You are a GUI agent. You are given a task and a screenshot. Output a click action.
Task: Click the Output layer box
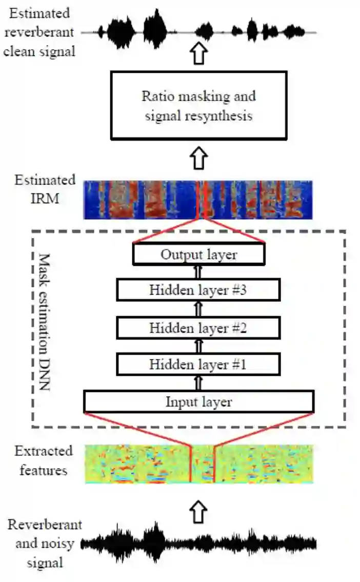pos(198,255)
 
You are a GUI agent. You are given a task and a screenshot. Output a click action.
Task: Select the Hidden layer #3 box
pos(198,290)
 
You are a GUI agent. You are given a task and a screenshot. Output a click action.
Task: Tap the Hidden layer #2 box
pos(198,328)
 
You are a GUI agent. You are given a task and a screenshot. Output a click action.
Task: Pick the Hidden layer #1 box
pos(198,365)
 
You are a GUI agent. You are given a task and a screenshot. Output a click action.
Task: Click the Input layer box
pos(198,402)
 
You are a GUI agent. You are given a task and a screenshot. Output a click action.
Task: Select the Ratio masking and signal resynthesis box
pos(198,106)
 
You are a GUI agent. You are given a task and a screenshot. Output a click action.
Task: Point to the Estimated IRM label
pos(45,189)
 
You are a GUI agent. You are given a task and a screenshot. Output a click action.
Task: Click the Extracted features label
pos(44,460)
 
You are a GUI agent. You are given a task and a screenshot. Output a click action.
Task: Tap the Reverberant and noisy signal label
pos(45,544)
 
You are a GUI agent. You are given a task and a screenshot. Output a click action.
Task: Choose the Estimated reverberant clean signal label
pos(38,32)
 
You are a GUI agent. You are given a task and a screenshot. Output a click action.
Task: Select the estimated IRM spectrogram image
pos(198,200)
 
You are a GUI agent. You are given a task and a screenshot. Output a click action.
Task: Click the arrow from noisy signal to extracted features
pos(198,512)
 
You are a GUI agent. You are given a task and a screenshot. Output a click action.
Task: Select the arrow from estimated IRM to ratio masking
pos(198,159)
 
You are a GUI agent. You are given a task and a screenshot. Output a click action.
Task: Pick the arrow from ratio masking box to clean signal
pos(198,53)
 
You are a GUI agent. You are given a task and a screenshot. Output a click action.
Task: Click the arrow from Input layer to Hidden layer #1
pos(198,383)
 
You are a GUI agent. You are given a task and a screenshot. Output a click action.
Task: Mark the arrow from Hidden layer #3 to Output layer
pos(198,272)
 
